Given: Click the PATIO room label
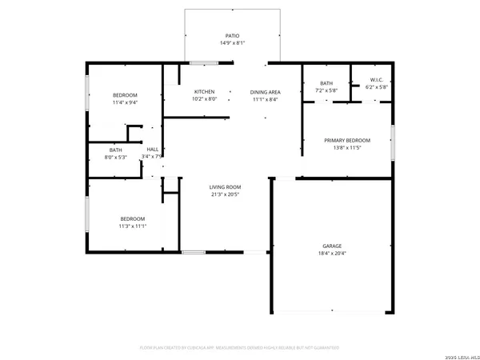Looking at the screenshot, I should click(232, 35).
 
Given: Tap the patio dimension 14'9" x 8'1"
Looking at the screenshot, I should click(232, 42).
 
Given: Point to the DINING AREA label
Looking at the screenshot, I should click(264, 92).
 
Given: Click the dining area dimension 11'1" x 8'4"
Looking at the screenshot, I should click(264, 99).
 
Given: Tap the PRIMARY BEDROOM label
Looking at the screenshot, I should click(347, 140).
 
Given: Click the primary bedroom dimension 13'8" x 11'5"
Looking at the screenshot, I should click(347, 147).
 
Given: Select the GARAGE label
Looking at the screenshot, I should click(332, 246).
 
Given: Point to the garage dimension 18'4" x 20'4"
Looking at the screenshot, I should click(332, 253).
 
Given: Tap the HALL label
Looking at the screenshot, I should click(152, 149).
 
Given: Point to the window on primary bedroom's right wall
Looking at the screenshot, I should click(393, 142).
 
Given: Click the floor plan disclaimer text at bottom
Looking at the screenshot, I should click(240, 348).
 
